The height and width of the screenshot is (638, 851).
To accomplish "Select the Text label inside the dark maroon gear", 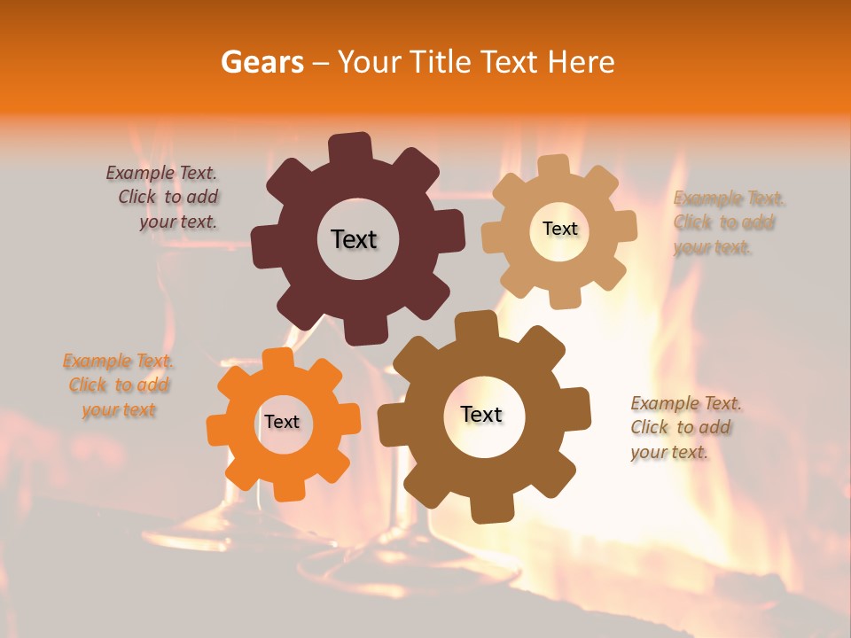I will [x=354, y=239].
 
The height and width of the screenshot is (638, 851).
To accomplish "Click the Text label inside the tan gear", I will [x=559, y=229].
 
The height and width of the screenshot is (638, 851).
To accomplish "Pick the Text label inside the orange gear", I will [x=282, y=422].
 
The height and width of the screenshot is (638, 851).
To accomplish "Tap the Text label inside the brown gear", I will [x=481, y=414].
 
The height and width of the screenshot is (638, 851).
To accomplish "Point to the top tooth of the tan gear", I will [x=554, y=167].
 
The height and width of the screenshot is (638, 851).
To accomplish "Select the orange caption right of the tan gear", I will [x=729, y=222].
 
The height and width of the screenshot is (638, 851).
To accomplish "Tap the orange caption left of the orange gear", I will [x=119, y=385].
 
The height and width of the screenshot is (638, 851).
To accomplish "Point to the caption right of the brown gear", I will [x=685, y=427].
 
